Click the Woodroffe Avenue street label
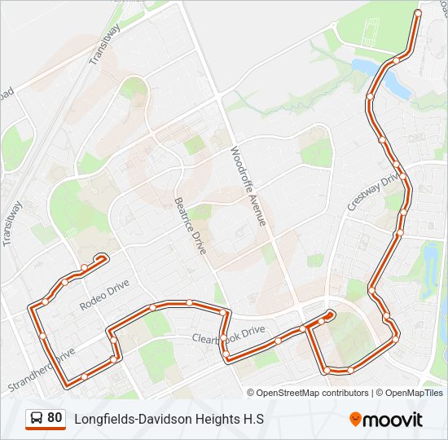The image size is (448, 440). click(248, 186)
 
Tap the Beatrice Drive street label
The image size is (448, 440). click(191, 225)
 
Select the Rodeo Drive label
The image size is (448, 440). click(104, 295)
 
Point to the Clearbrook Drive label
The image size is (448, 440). click(229, 334)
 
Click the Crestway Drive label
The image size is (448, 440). click(364, 192)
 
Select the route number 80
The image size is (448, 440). click(55, 418)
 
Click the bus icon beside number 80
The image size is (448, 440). click(37, 419)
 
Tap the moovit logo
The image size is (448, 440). click(386, 420)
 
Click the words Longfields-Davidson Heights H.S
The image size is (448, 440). click(169, 420)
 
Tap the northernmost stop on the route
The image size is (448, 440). click(418, 14)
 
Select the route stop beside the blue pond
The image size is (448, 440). click(396, 59)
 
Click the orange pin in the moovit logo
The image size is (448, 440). click(355, 420)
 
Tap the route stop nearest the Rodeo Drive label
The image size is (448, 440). click(65, 283)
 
